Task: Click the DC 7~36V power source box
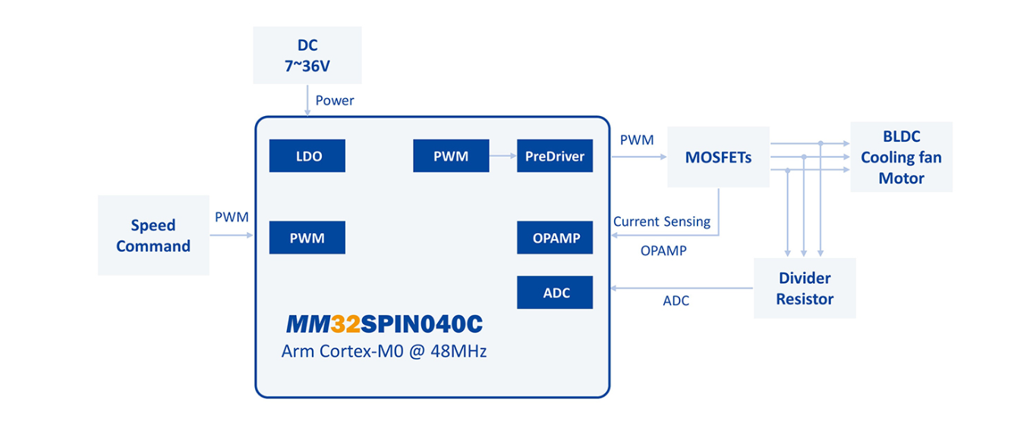pos(307,55)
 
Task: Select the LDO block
pos(307,156)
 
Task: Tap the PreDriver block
pos(555,156)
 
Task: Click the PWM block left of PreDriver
pos(451,156)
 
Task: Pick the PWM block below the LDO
pos(307,237)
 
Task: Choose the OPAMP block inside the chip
pos(555,237)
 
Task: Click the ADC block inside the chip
pos(555,292)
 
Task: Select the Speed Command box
pos(153,235)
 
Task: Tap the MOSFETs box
pos(718,157)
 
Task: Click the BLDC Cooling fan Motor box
pos(901,156)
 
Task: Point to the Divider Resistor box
pos(805,288)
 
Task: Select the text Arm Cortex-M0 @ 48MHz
pos(384,351)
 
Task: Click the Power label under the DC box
pos(335,100)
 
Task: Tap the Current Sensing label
pos(662,222)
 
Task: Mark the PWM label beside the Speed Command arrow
pos(231,218)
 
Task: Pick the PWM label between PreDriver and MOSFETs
pos(636,140)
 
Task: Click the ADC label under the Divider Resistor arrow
pos(676,301)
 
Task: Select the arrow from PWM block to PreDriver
pos(502,156)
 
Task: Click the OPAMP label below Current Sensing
pos(663,250)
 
